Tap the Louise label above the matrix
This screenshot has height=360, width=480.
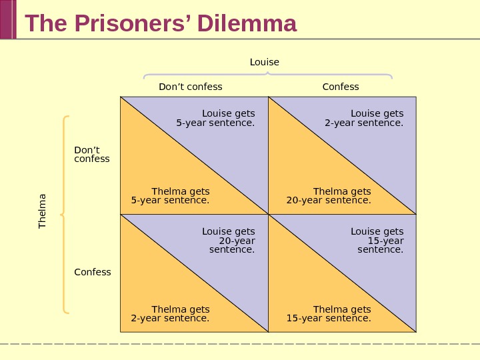264,62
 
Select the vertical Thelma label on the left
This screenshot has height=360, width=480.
43,211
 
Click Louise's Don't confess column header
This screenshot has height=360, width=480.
190,87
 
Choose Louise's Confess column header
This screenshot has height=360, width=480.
340,87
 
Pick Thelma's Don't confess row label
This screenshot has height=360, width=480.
91,155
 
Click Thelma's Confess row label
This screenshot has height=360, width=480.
92,272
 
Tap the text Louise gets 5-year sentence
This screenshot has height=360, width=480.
215,118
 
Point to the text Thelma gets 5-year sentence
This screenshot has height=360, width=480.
171,196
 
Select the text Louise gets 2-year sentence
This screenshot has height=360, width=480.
364,118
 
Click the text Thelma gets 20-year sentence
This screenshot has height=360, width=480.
329,196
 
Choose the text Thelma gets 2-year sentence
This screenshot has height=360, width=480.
171,314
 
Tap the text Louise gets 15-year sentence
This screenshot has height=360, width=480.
377,241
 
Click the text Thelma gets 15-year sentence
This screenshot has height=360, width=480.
329,314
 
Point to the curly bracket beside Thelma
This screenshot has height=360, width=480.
65,215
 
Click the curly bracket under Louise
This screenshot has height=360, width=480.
267,76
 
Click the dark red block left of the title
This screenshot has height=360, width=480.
7,19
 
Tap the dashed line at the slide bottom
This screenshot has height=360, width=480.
240,343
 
